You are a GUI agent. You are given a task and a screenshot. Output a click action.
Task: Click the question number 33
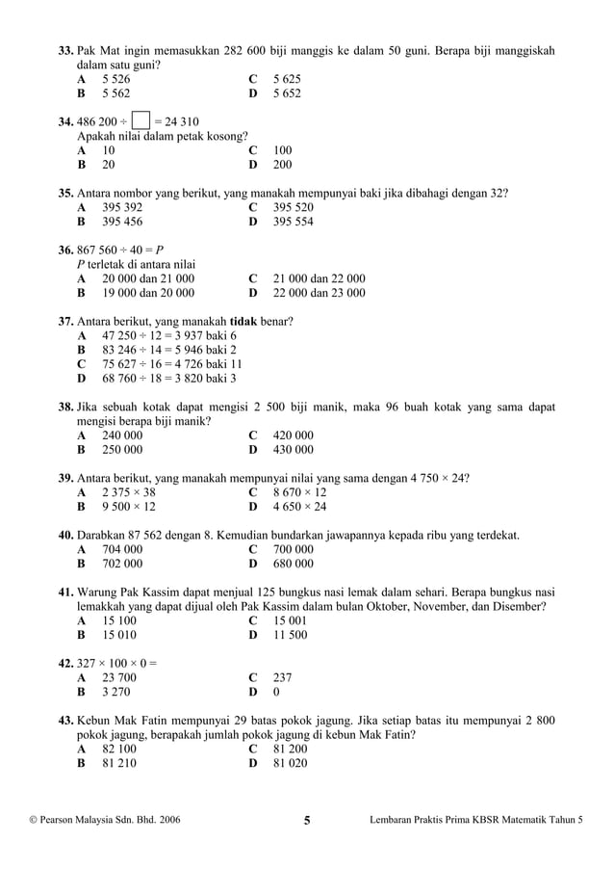coord(66,49)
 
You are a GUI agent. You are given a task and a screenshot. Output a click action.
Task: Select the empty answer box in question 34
coord(141,121)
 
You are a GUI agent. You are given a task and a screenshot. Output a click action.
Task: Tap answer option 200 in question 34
coord(283,165)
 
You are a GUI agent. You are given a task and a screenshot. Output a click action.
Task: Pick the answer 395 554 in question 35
coord(294,222)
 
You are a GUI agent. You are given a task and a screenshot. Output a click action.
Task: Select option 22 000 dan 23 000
coord(320,293)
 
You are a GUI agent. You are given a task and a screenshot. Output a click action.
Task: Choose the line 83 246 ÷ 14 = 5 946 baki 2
coord(169,350)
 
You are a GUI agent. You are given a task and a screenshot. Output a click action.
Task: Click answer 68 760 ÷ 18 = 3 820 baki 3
coord(169,379)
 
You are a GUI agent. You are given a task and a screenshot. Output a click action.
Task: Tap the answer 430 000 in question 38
coord(294,449)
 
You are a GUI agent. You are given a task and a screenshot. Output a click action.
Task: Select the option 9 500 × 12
coord(129,506)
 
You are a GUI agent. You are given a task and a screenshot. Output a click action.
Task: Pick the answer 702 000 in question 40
coord(122,564)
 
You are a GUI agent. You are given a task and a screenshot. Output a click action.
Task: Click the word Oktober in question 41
coord(396,607)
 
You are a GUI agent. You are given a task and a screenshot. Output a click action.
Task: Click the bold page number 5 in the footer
coord(307,822)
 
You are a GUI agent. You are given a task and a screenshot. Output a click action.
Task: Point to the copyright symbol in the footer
coord(35,822)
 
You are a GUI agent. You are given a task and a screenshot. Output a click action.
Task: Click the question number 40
coord(66,535)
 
